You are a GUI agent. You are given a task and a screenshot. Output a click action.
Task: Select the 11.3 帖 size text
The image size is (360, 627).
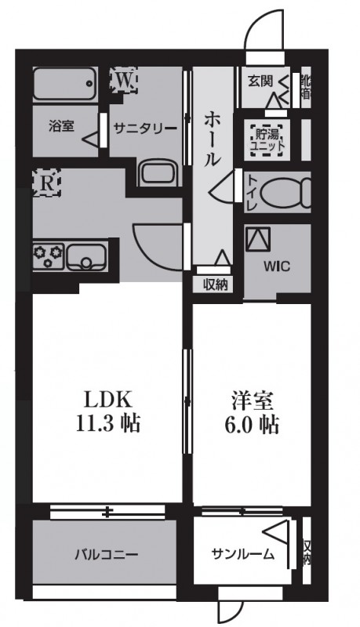tap(109, 424)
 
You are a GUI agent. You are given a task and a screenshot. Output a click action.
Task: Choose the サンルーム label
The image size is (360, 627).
tap(242, 556)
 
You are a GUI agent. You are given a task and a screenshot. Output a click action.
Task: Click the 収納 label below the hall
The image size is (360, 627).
tap(214, 285)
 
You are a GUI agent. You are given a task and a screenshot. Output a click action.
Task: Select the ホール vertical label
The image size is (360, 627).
tap(213, 140)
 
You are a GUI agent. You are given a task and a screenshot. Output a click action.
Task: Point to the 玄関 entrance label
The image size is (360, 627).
tap(260, 80)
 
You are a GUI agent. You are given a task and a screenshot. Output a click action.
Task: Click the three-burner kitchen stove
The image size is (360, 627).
tap(49, 254)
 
